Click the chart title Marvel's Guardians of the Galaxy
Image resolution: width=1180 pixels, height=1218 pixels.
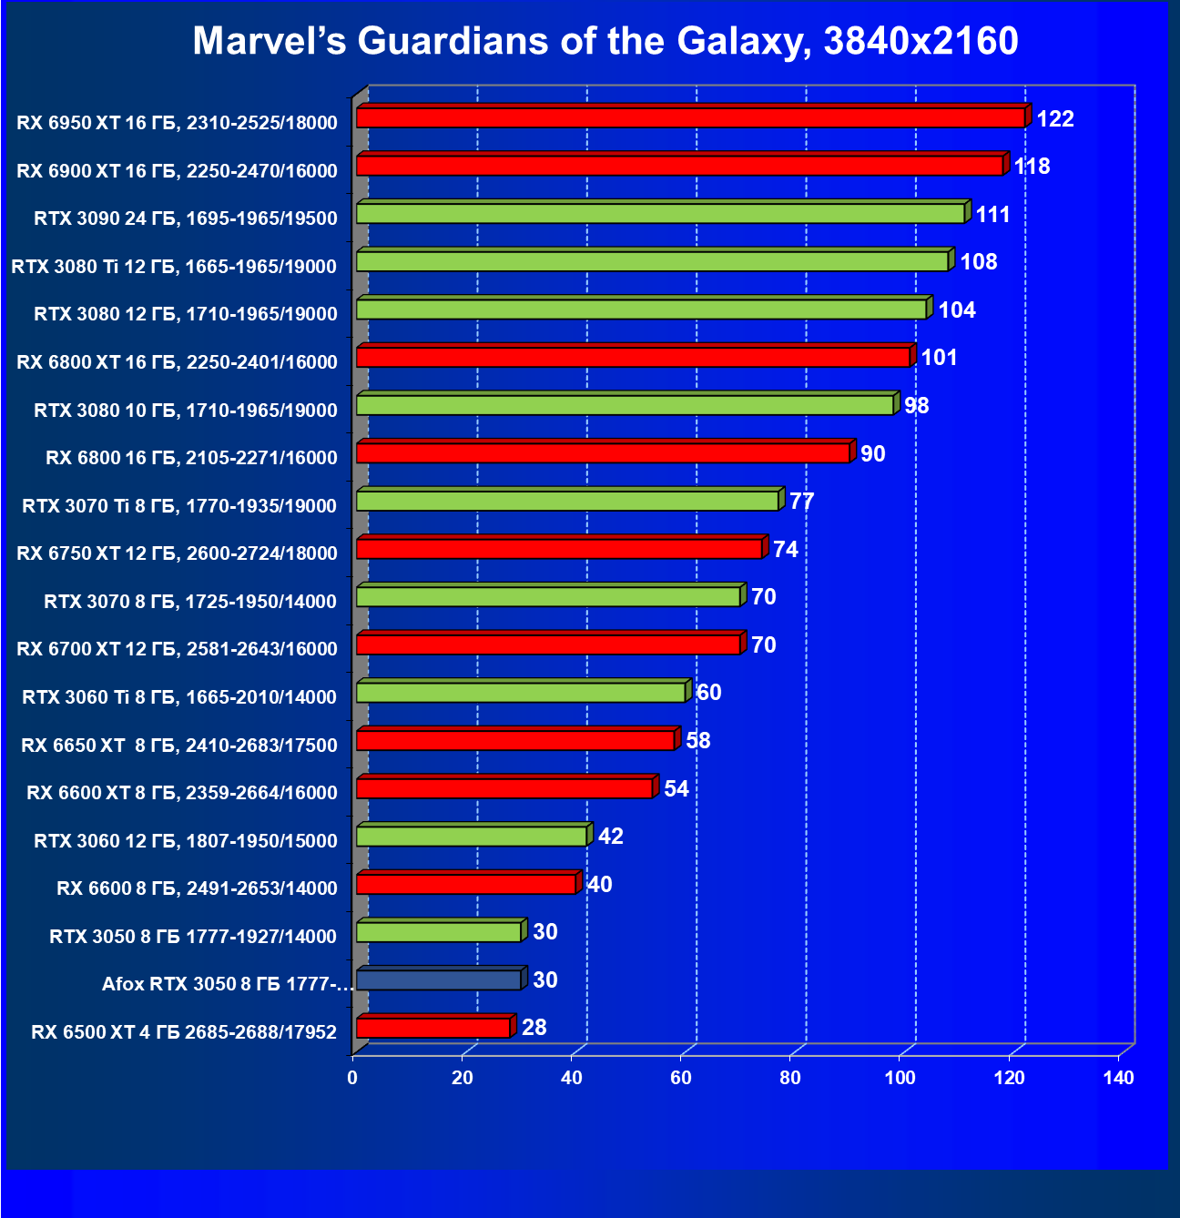click(605, 41)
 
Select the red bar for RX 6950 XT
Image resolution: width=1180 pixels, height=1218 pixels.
click(690, 117)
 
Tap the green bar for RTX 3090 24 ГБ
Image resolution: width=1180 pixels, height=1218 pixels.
click(660, 213)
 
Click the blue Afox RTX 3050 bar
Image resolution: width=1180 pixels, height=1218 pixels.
click(438, 979)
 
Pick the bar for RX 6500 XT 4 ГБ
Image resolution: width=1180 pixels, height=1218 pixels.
click(432, 1028)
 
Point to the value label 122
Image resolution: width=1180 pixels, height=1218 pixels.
click(1055, 119)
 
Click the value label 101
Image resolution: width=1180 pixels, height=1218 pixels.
click(939, 358)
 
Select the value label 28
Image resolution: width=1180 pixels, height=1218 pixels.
click(534, 1028)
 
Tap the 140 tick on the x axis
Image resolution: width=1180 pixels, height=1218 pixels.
click(1118, 1079)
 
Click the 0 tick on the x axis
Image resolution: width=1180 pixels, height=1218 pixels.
click(352, 1079)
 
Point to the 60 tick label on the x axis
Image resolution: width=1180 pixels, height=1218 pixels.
click(681, 1079)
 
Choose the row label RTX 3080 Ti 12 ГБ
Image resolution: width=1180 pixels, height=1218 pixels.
click(174, 267)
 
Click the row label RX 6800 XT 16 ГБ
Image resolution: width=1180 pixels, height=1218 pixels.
click(177, 362)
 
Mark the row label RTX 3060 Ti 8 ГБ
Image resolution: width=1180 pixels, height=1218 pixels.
click(179, 697)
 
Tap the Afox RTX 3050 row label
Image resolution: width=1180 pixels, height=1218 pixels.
click(227, 984)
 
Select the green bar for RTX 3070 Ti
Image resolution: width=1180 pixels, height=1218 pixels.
click(567, 501)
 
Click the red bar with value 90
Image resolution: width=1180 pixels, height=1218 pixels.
click(603, 452)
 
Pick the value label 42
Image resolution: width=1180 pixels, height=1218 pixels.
click(610, 837)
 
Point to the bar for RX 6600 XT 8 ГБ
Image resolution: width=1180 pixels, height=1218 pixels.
click(504, 787)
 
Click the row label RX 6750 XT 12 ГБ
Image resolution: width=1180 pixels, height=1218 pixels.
click(177, 553)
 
